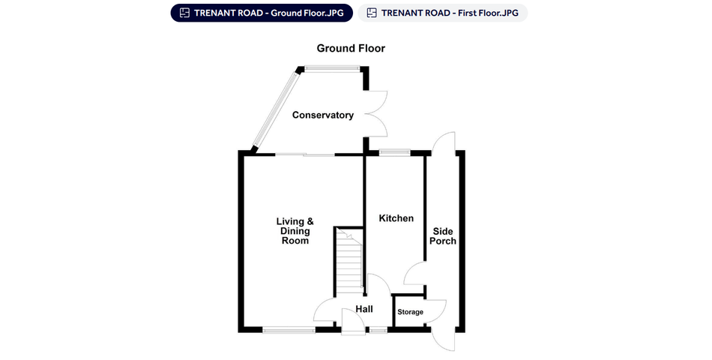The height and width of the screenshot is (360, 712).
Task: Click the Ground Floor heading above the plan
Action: click(351, 48)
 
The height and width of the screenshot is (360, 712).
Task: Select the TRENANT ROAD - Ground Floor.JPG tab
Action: click(262, 13)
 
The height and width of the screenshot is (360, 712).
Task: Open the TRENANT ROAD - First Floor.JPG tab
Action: click(443, 13)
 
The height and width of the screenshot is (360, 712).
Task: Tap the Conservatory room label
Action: click(323, 115)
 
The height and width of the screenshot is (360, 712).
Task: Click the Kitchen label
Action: click(396, 218)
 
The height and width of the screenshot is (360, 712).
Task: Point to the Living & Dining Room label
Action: click(295, 231)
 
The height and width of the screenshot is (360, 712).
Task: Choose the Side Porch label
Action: click(443, 236)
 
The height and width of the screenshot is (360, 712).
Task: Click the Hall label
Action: click(364, 309)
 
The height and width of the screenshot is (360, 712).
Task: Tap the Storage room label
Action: click(411, 312)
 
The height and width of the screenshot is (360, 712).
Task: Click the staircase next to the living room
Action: click(349, 261)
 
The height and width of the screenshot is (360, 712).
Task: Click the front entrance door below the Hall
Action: click(353, 325)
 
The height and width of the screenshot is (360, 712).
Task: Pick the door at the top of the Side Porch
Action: click(443, 143)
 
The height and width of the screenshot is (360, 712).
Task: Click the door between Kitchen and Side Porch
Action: click(414, 274)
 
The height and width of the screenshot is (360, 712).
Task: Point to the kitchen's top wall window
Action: click(395, 153)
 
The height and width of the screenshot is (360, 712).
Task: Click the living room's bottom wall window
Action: click(289, 330)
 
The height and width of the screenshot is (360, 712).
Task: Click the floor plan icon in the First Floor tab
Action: click(372, 13)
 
